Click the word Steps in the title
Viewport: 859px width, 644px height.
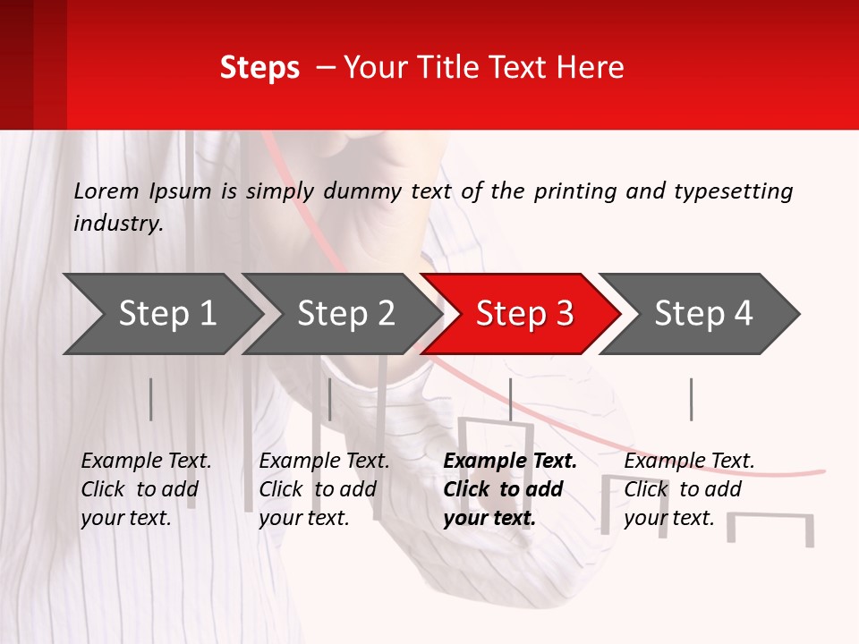pyautogui.click(x=259, y=68)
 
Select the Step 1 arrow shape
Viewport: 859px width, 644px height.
pyautogui.click(x=161, y=314)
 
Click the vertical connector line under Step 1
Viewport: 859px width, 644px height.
pyautogui.click(x=151, y=399)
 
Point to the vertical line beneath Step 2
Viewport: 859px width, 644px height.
pyautogui.click(x=330, y=399)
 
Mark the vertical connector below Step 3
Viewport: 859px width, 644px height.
pyautogui.click(x=511, y=399)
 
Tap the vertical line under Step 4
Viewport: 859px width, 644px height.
pyautogui.click(x=691, y=399)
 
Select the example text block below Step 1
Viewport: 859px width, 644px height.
pyautogui.click(x=146, y=489)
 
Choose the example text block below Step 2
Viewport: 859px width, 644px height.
pyautogui.click(x=324, y=489)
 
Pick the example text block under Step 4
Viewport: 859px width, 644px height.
pyautogui.click(x=689, y=489)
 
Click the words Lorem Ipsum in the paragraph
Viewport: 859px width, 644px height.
pyautogui.click(x=142, y=191)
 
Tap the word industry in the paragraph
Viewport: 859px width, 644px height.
pyautogui.click(x=118, y=224)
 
